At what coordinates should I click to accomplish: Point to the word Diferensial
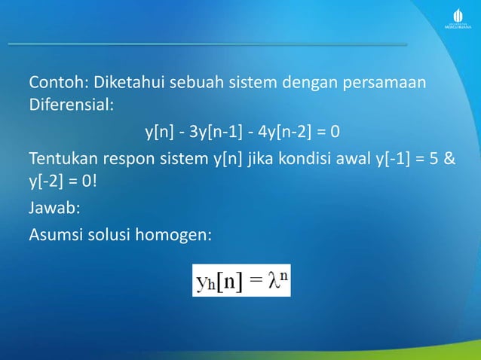coord(71,105)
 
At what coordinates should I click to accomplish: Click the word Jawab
coord(50,210)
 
